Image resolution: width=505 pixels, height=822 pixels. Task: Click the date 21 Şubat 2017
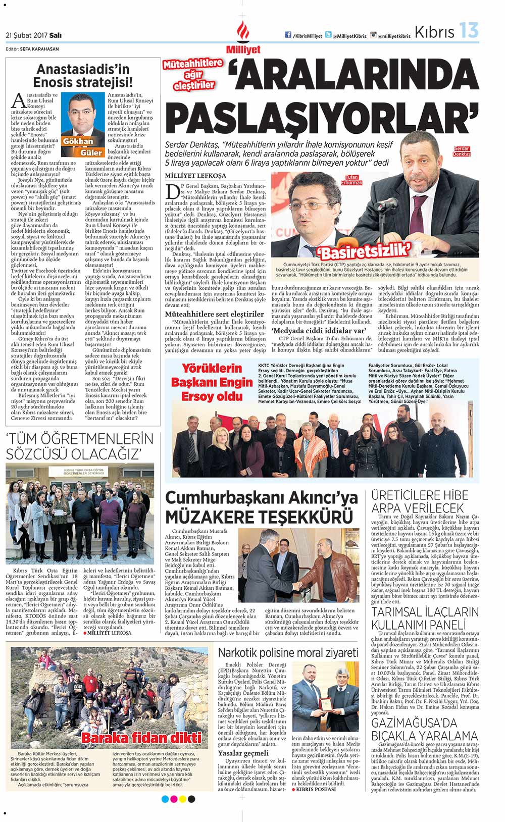33,35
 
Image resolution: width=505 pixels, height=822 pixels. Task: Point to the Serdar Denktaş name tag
462,151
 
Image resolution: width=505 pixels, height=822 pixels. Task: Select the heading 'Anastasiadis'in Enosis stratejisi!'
83,75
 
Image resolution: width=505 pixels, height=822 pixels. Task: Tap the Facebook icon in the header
288,35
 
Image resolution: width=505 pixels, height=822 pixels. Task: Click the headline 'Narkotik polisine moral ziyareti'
288,652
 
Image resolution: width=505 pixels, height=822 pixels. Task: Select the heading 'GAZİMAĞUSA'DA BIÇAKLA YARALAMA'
424,729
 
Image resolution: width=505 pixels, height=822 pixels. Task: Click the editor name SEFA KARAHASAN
39,49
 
